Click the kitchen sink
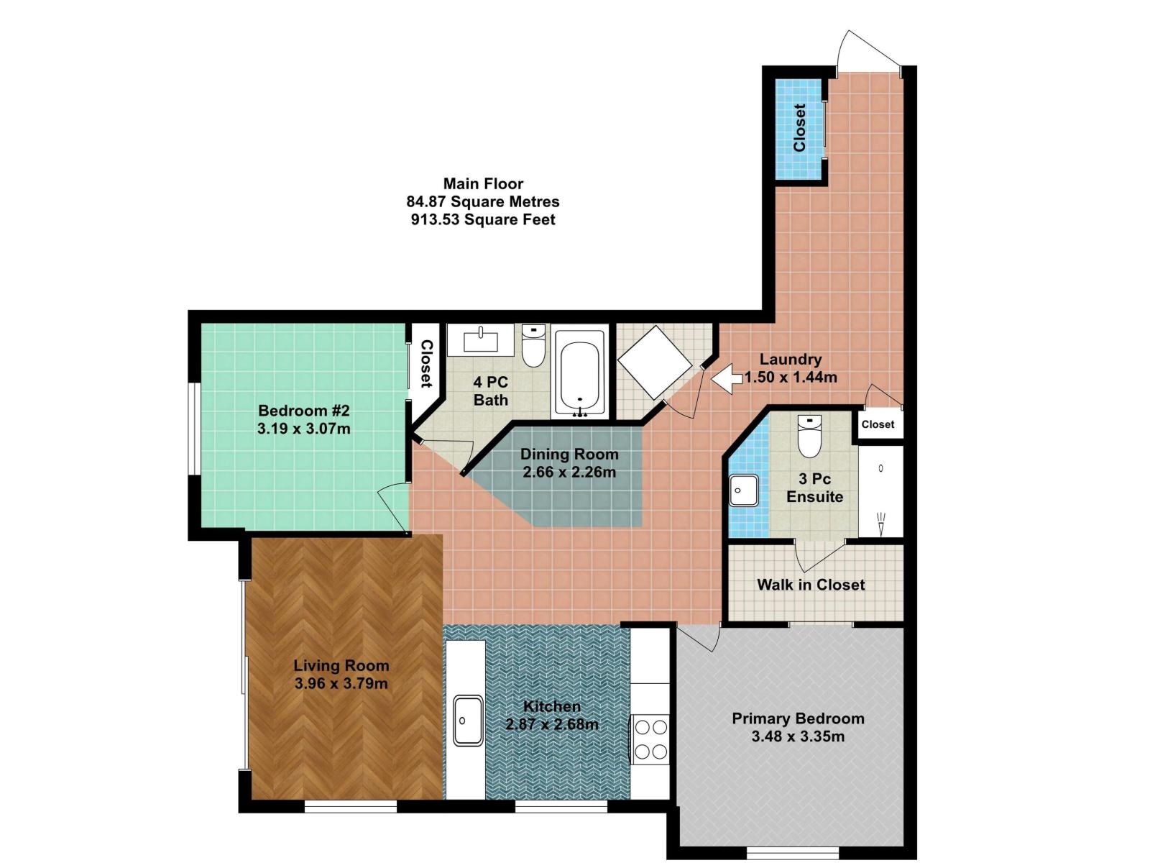[x=468, y=720]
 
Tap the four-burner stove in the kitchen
[x=651, y=739]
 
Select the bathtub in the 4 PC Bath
[x=580, y=372]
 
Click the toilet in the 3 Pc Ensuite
[x=809, y=437]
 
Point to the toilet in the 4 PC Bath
[x=533, y=347]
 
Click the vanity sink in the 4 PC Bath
[x=480, y=339]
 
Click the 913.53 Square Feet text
[x=483, y=220]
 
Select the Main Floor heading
[x=483, y=183]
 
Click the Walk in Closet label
[x=811, y=585]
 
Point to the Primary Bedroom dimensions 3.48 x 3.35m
[x=798, y=736]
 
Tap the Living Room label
[x=341, y=665]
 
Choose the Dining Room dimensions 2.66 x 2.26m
[x=569, y=472]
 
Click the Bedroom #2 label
[x=303, y=411]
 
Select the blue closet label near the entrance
[x=799, y=128]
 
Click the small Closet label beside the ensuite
[x=878, y=424]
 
